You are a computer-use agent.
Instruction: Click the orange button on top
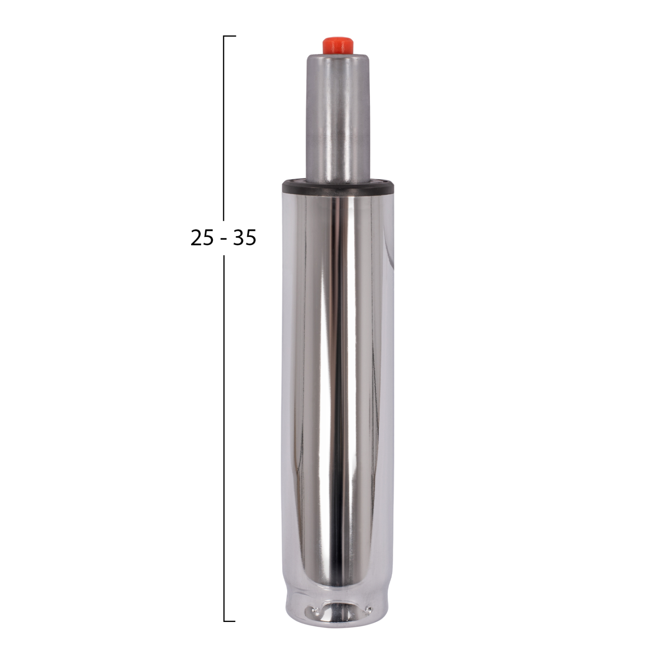pyautogui.click(x=337, y=45)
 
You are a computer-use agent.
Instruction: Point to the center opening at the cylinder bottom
pyautogui.click(x=337, y=611)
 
